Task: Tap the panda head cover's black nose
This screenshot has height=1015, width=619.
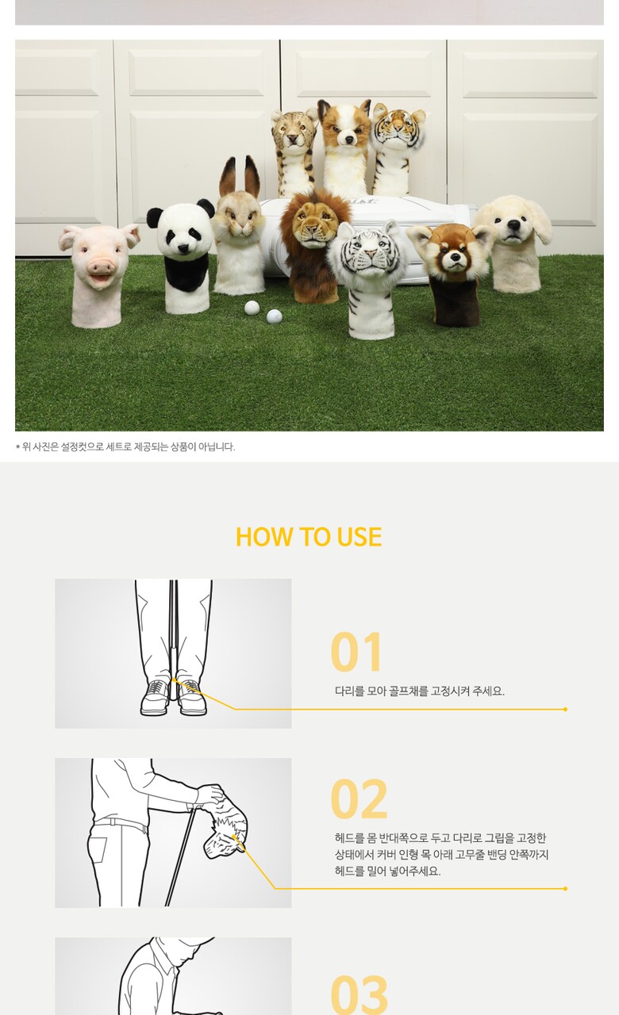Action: click(183, 248)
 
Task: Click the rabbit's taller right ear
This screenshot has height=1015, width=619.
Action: click(252, 176)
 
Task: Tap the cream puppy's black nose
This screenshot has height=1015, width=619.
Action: click(513, 224)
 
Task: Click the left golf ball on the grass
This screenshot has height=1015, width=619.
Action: click(252, 308)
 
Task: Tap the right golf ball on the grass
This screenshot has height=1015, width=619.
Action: click(274, 316)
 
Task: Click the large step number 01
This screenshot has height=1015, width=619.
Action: click(356, 653)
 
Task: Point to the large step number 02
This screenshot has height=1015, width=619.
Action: click(359, 799)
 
